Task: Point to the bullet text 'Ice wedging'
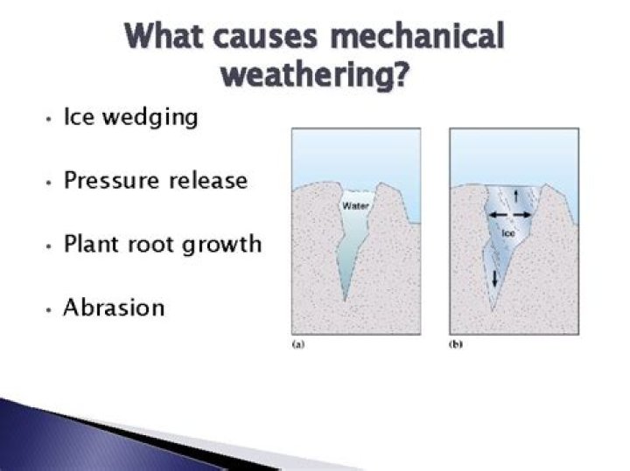[x=130, y=118]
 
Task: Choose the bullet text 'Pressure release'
[x=156, y=181]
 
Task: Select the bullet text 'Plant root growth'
[x=163, y=244]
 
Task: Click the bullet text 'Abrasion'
[x=114, y=308]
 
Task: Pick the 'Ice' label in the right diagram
[x=508, y=234]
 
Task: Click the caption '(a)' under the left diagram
[x=297, y=345]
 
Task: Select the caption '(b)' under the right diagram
[x=456, y=345]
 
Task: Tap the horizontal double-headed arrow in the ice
[x=508, y=214]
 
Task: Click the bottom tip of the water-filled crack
[x=346, y=300]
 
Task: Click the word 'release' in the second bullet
[x=211, y=181]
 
